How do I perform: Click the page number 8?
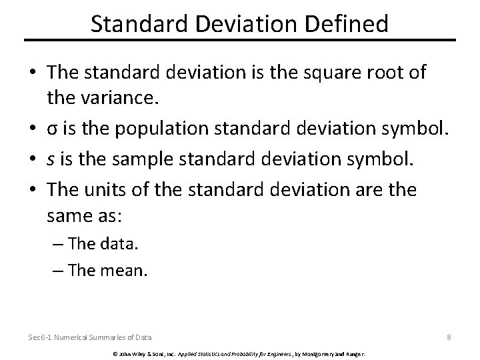point(449,337)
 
